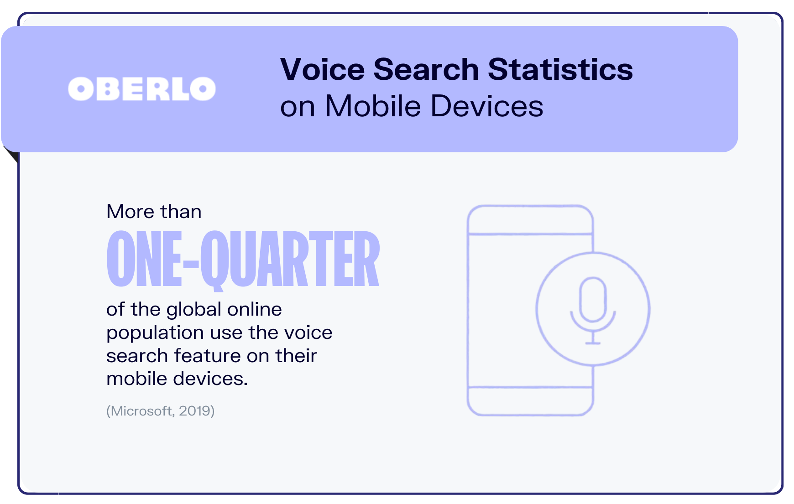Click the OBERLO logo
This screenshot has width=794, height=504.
coord(142,88)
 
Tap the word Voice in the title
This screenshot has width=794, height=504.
coord(323,69)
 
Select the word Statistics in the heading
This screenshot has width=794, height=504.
coord(560,69)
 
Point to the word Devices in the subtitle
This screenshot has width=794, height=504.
coord(487,106)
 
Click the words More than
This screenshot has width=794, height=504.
coord(154,212)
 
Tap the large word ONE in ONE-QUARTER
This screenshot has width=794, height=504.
coord(144,259)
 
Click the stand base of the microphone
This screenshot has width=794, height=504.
coord(593,343)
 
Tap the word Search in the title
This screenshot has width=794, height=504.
coord(426,69)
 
